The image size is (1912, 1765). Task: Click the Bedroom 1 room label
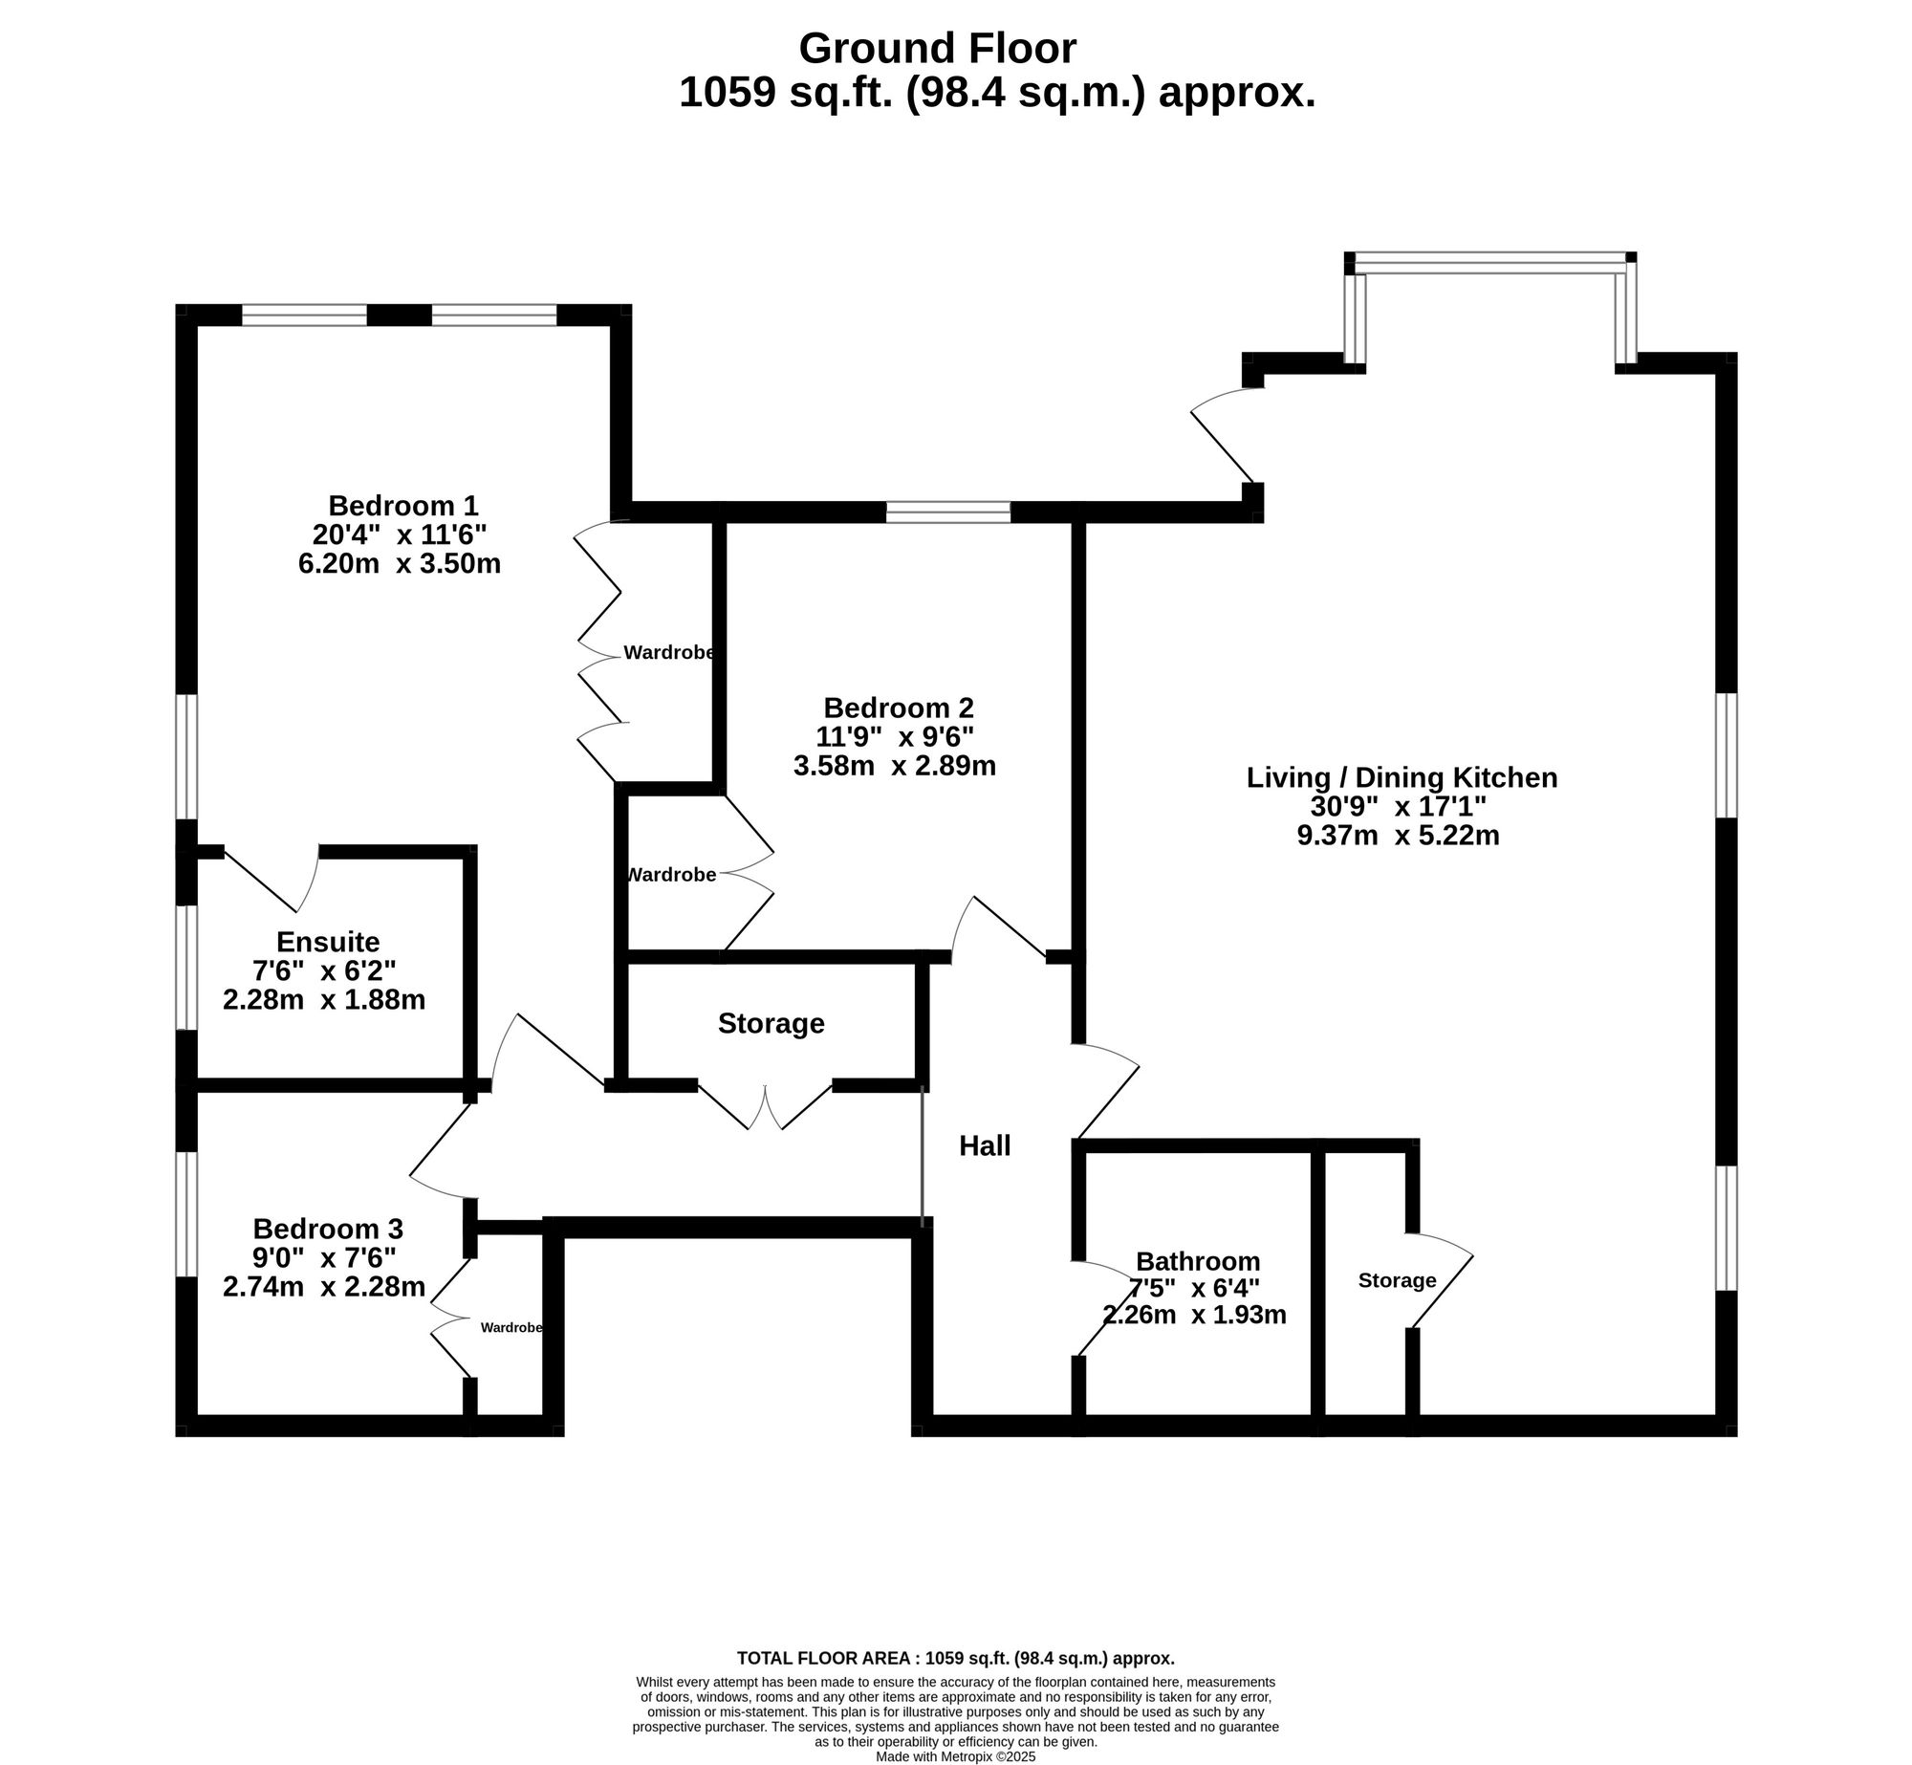click(402, 505)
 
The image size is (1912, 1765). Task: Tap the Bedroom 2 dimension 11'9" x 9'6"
click(894, 736)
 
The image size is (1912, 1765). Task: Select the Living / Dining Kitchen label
click(1401, 777)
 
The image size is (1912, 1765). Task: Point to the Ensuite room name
click(328, 942)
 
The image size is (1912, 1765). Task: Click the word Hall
click(985, 1145)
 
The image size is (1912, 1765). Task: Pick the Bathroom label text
click(1198, 1261)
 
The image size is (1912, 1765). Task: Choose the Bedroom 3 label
click(328, 1228)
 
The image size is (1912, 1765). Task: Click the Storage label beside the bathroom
click(1397, 1280)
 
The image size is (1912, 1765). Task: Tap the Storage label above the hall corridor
click(771, 1023)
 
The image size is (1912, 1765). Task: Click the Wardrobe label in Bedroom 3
click(511, 1328)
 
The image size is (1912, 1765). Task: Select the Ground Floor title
click(937, 48)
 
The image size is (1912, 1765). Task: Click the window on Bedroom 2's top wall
click(947, 512)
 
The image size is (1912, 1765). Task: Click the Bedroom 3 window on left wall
click(186, 1214)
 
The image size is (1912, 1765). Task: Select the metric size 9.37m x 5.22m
click(1398, 836)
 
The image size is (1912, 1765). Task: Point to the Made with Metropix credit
click(955, 1757)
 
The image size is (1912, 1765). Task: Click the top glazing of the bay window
click(1489, 258)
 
